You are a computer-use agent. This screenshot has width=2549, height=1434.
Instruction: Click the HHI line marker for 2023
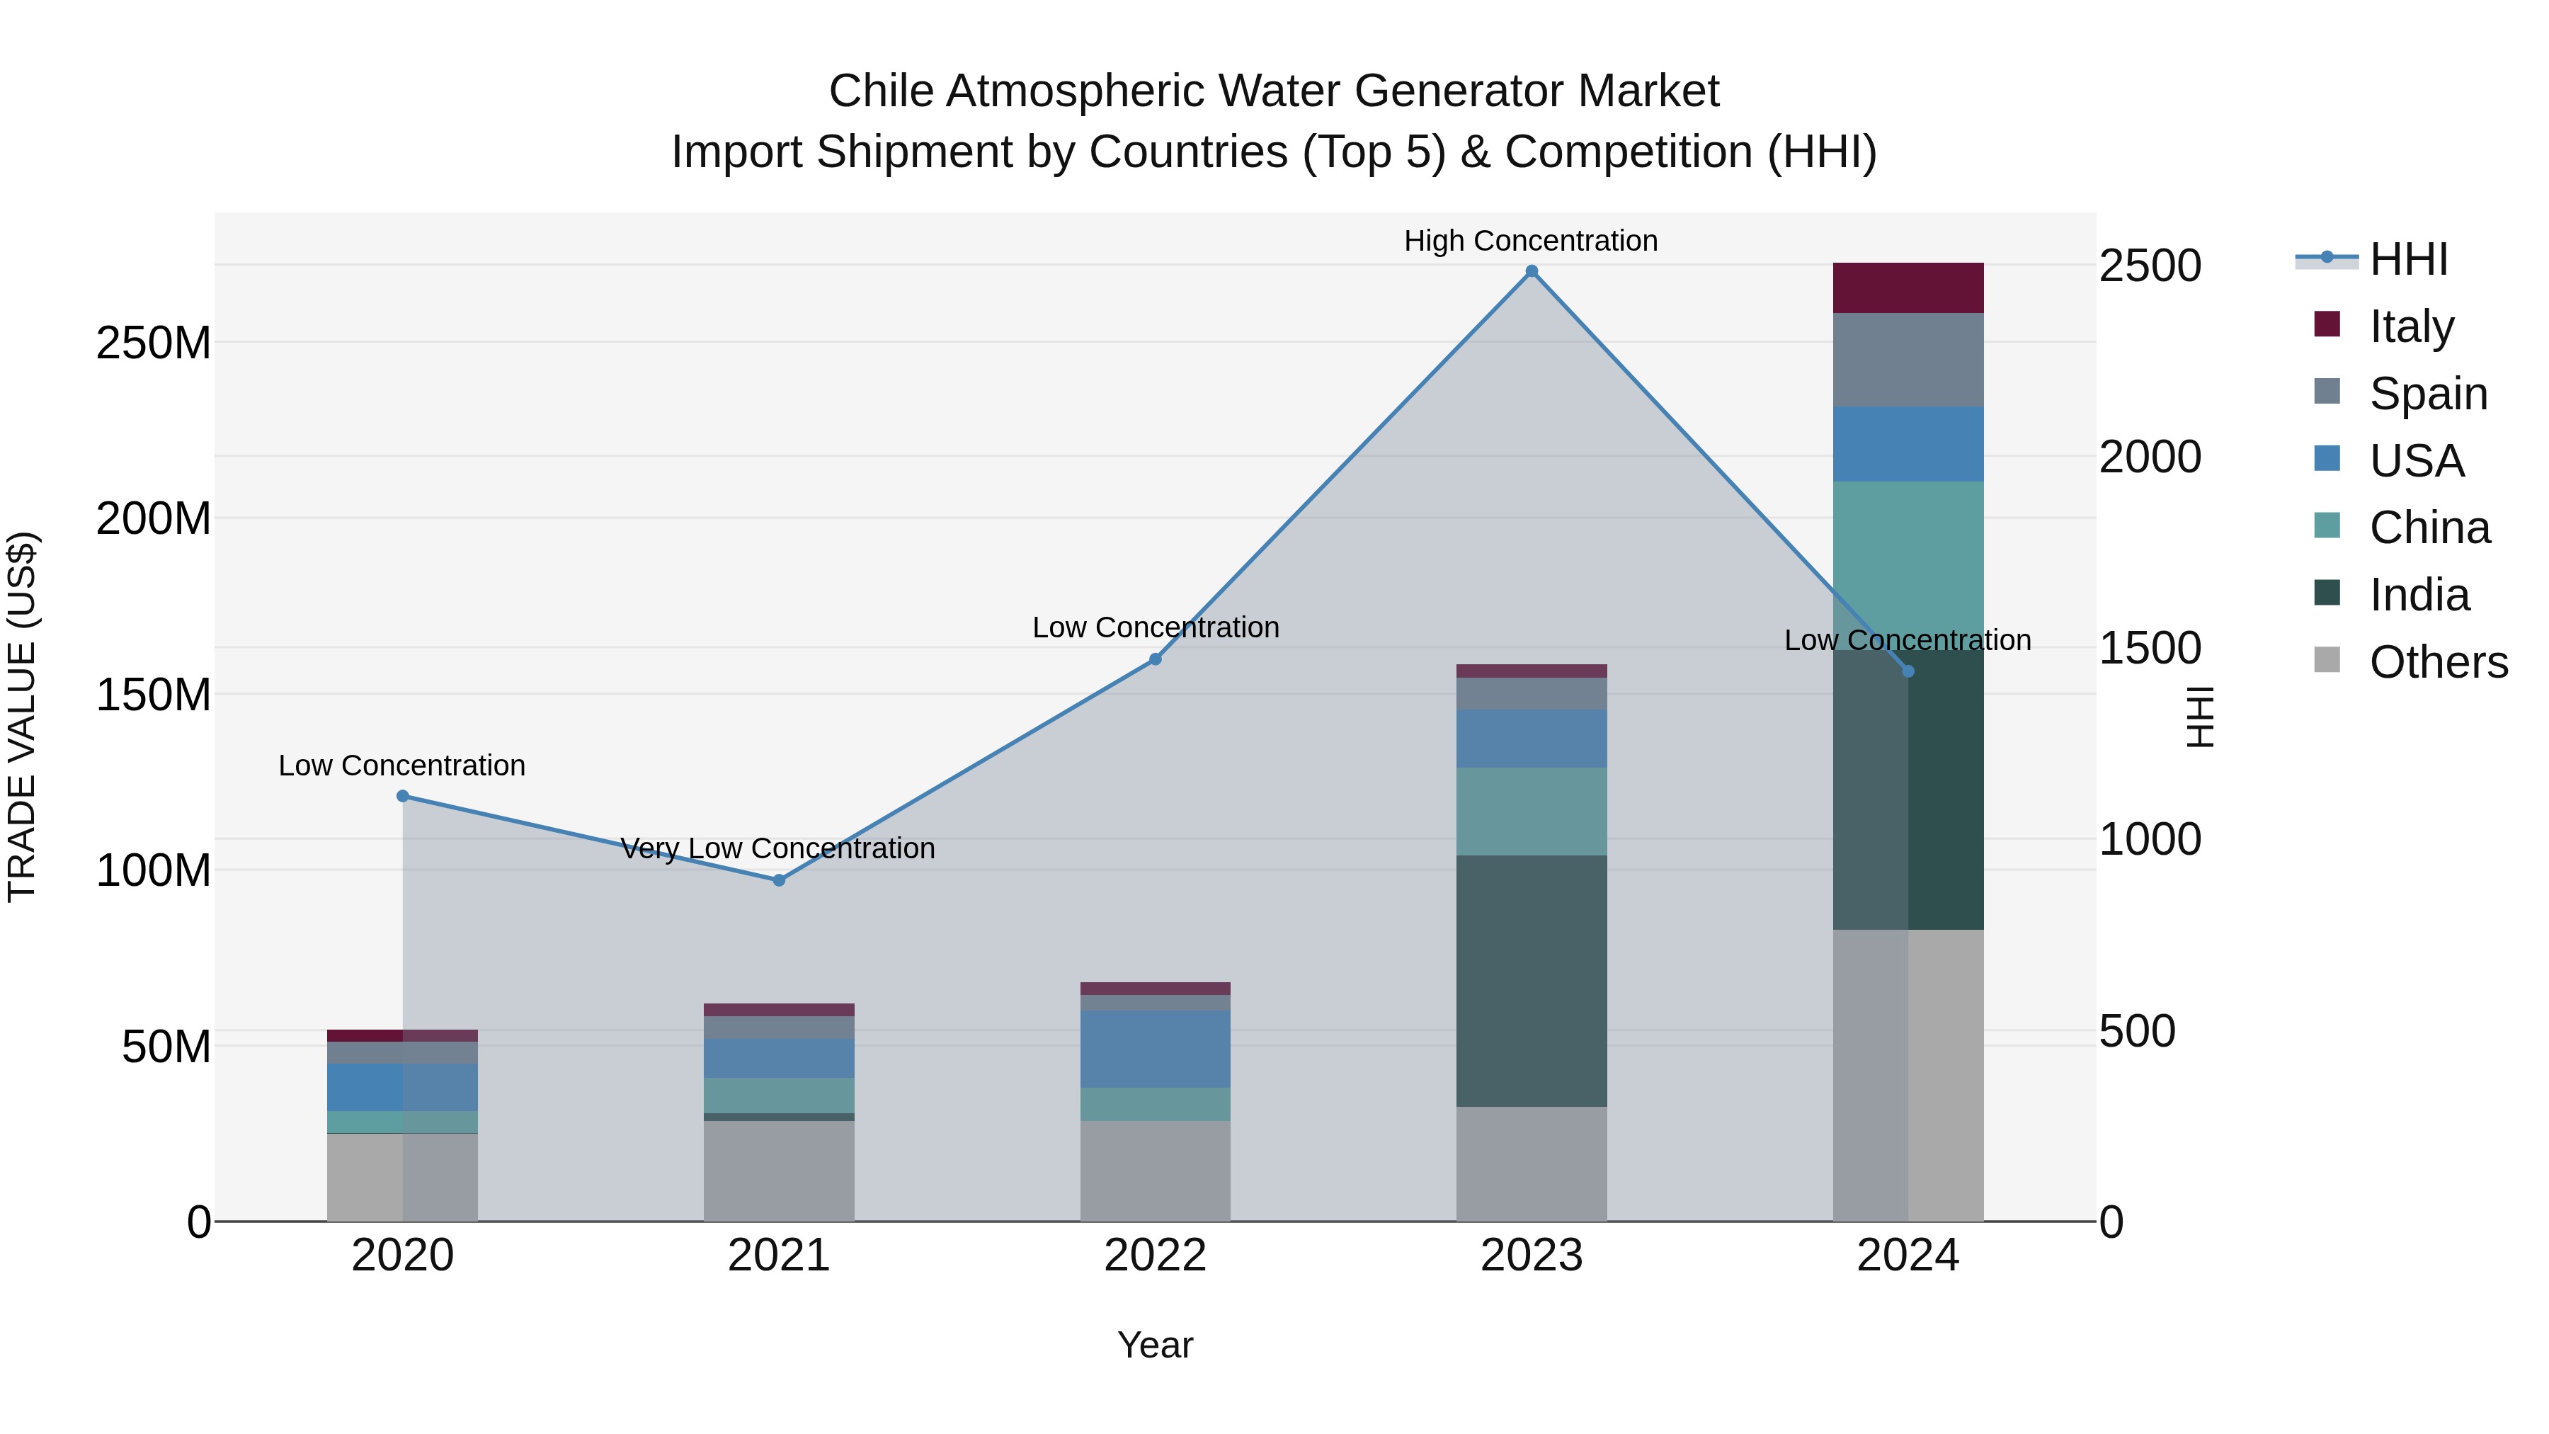(1531, 271)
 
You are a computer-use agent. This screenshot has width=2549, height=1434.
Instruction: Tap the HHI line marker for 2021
(779, 880)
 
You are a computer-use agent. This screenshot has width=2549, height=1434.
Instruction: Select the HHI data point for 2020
(403, 796)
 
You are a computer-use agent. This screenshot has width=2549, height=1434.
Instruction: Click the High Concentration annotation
(1530, 241)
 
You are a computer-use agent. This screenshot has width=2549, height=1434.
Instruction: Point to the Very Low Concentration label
(777, 848)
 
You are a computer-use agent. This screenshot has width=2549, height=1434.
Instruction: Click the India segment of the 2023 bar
(1531, 980)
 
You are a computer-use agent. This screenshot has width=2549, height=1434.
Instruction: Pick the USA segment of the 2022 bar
(1155, 1048)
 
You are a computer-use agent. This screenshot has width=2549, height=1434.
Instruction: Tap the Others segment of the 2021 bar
(779, 1170)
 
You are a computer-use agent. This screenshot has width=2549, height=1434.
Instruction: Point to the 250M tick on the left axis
(154, 343)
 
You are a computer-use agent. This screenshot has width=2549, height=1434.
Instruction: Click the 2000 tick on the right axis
(2149, 457)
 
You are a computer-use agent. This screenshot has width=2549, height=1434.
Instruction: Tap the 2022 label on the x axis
(1155, 1256)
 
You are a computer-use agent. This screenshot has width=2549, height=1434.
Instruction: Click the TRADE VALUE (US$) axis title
(23, 717)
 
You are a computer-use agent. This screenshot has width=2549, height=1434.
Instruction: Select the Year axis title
(1155, 1345)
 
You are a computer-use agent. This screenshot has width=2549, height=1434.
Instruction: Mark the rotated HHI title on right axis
(2199, 717)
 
